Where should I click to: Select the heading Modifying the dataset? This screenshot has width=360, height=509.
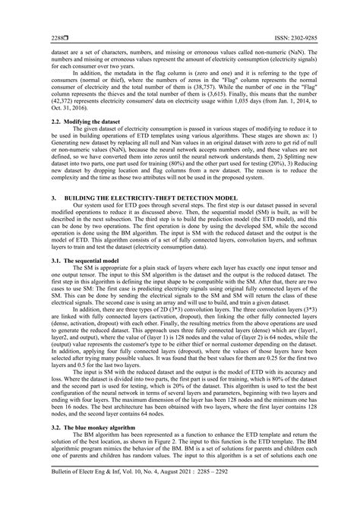tap(71, 122)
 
